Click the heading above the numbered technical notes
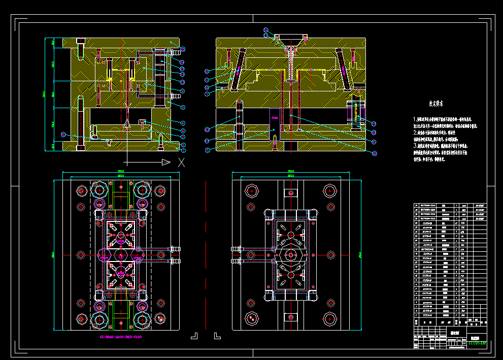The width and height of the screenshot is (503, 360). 435,103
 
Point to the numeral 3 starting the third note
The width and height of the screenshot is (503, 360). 414,146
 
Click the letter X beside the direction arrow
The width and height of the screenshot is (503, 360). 181,162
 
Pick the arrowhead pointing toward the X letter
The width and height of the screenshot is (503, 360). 165,162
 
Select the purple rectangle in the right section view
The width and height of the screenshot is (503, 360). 275,118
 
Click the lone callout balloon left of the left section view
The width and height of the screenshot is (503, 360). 63,134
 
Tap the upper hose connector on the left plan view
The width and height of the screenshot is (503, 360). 175,249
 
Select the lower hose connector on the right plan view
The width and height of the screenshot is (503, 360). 236,261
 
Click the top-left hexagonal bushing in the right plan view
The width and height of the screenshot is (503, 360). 252,191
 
